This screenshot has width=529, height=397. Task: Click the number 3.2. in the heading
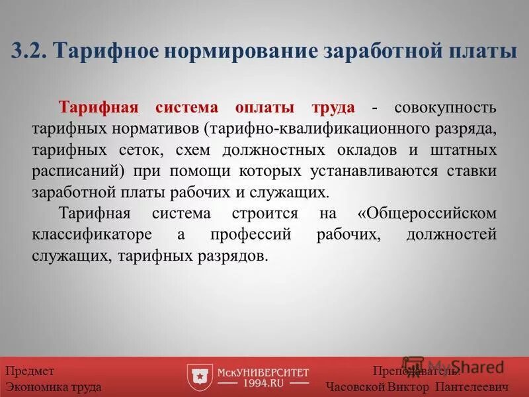[x=28, y=51]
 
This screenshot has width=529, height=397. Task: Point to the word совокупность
[x=445, y=107]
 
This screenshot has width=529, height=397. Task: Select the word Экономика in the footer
[x=37, y=386]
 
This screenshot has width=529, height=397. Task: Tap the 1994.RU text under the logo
[x=263, y=384]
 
